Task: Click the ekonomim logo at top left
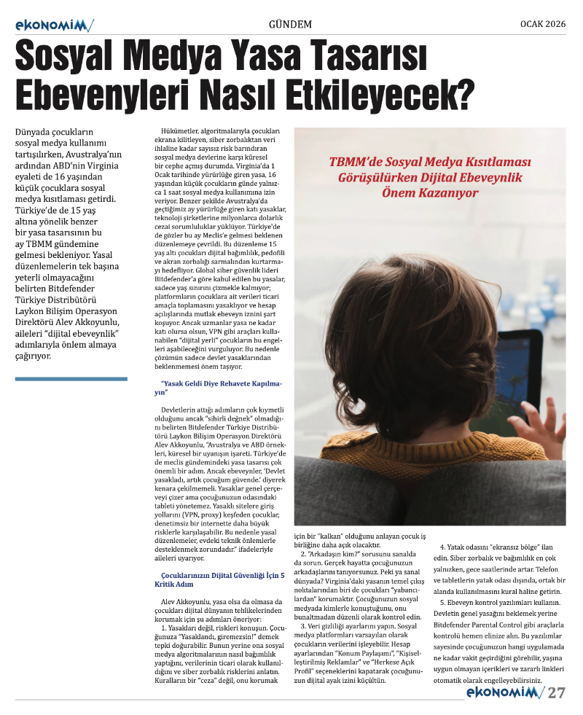[x=54, y=26]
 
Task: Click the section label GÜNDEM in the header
[x=290, y=24]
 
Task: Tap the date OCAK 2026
[x=542, y=23]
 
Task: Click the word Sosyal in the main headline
[x=74, y=57]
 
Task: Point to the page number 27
[x=557, y=692]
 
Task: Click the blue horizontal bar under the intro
[x=71, y=379]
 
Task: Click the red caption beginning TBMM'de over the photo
[x=431, y=177]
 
